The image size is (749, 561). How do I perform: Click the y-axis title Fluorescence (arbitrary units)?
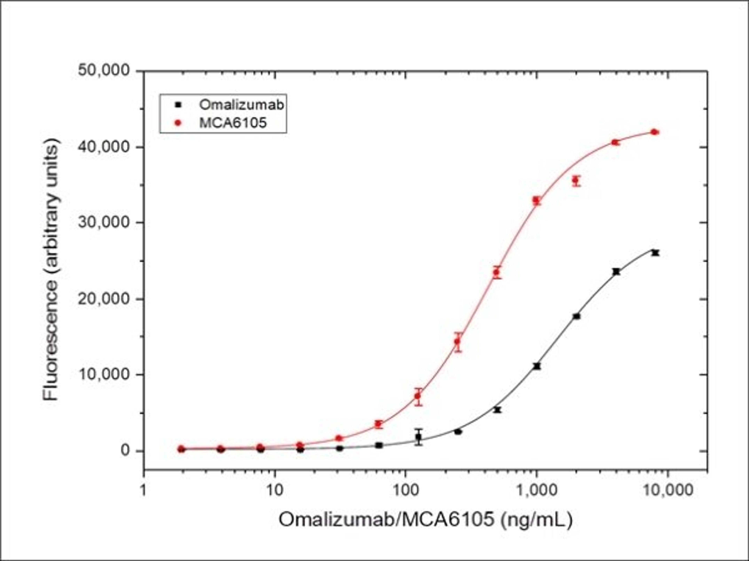click(x=51, y=270)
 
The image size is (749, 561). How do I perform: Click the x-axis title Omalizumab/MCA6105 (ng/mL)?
click(x=426, y=520)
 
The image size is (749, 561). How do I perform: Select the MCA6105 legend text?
click(x=233, y=122)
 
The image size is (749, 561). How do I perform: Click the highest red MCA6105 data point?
click(x=655, y=132)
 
